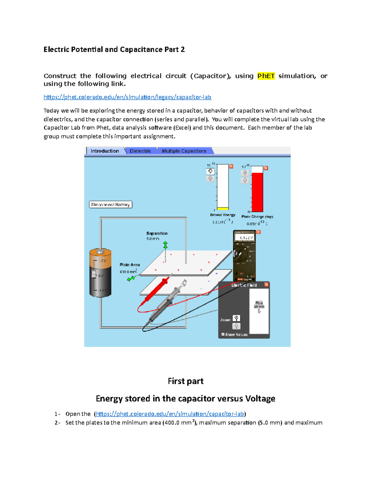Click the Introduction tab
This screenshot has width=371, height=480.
tap(105, 151)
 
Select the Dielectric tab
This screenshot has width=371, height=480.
tap(140, 151)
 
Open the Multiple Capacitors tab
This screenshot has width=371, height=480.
tap(184, 151)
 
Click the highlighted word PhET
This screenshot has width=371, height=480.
tap(266, 76)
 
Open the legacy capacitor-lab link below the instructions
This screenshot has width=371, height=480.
tap(127, 97)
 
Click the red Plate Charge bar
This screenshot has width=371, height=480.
tap(257, 192)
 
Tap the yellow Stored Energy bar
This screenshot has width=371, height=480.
tap(223, 209)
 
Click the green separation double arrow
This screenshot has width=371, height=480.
tap(165, 245)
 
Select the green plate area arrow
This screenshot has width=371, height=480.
tap(131, 278)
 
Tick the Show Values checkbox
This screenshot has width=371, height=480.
tap(223, 334)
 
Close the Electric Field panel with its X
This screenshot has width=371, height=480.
tap(267, 285)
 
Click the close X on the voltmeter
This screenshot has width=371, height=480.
tap(258, 232)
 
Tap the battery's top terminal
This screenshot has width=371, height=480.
tap(100, 251)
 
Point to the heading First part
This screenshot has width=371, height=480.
tap(185, 381)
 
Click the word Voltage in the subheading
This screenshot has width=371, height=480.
tap(260, 398)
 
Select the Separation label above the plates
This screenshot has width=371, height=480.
tap(157, 233)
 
